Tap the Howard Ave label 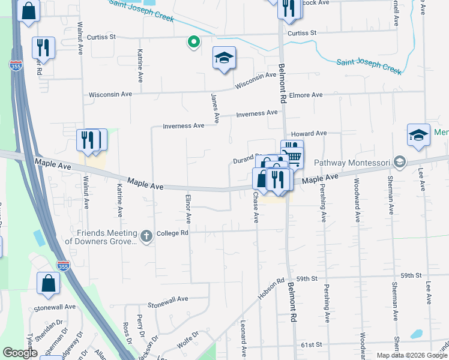coord(309,133)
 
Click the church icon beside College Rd coord(146,237)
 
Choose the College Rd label coord(172,233)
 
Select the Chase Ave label coord(255,208)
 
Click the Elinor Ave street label coord(188,209)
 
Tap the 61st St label coord(312,345)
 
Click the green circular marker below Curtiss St coord(193,42)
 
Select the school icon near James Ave coord(224,58)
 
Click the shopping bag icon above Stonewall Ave coord(48,283)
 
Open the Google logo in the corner coord(20,353)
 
